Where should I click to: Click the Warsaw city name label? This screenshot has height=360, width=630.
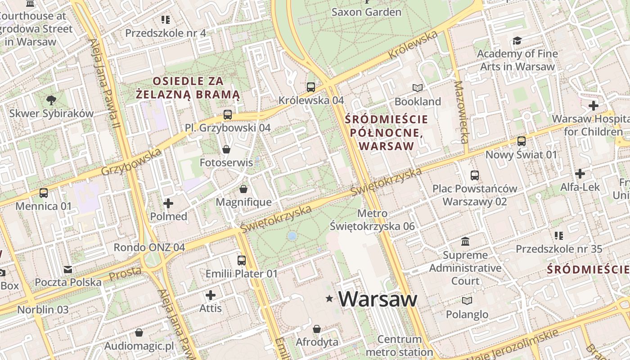[378, 299]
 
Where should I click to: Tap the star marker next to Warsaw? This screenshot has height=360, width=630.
[329, 298]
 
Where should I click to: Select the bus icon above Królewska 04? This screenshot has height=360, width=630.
[311, 87]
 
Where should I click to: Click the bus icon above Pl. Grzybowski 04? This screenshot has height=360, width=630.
[228, 115]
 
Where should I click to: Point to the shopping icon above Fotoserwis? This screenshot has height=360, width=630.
[226, 149]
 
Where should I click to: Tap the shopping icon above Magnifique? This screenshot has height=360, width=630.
[243, 189]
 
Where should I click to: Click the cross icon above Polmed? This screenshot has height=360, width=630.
[168, 203]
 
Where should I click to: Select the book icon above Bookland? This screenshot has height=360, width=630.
[418, 88]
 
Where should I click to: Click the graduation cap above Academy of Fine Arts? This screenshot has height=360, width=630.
[517, 41]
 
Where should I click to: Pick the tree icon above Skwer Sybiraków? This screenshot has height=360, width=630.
[51, 100]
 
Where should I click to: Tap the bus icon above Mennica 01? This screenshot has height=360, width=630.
[44, 193]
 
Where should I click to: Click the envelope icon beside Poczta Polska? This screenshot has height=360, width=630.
[68, 270]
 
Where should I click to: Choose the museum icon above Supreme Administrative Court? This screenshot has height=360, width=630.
[465, 242]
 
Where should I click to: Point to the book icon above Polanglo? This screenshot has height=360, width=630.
[467, 301]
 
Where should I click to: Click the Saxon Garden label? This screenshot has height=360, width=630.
[366, 12]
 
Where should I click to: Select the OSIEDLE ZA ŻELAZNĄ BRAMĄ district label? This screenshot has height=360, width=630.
[188, 88]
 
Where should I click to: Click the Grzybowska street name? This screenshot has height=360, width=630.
[131, 162]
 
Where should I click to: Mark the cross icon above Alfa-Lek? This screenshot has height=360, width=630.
[580, 173]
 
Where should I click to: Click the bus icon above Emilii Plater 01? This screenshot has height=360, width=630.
[242, 260]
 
